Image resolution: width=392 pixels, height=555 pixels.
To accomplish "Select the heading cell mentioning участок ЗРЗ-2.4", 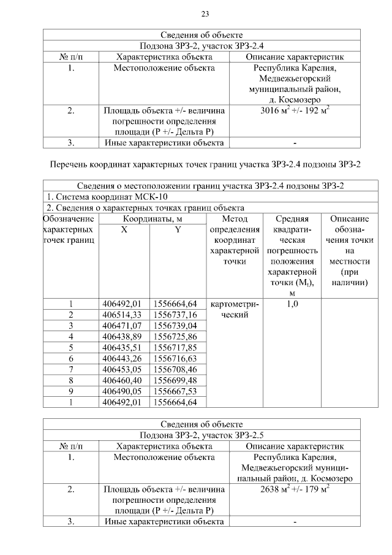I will coord(202,45).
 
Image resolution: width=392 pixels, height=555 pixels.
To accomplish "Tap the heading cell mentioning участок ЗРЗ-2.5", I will coord(202,434).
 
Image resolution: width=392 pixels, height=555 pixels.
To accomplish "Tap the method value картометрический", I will coord(235,310).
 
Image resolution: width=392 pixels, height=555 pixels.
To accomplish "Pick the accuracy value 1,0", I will coord(292,304).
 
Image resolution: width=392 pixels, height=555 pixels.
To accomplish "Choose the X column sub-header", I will coord(124,229).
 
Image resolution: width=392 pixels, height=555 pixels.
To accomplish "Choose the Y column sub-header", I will coord(178,229).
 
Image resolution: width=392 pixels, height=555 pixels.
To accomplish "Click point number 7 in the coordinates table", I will coord(71,370).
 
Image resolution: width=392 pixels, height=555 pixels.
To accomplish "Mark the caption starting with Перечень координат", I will coord(202,164).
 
